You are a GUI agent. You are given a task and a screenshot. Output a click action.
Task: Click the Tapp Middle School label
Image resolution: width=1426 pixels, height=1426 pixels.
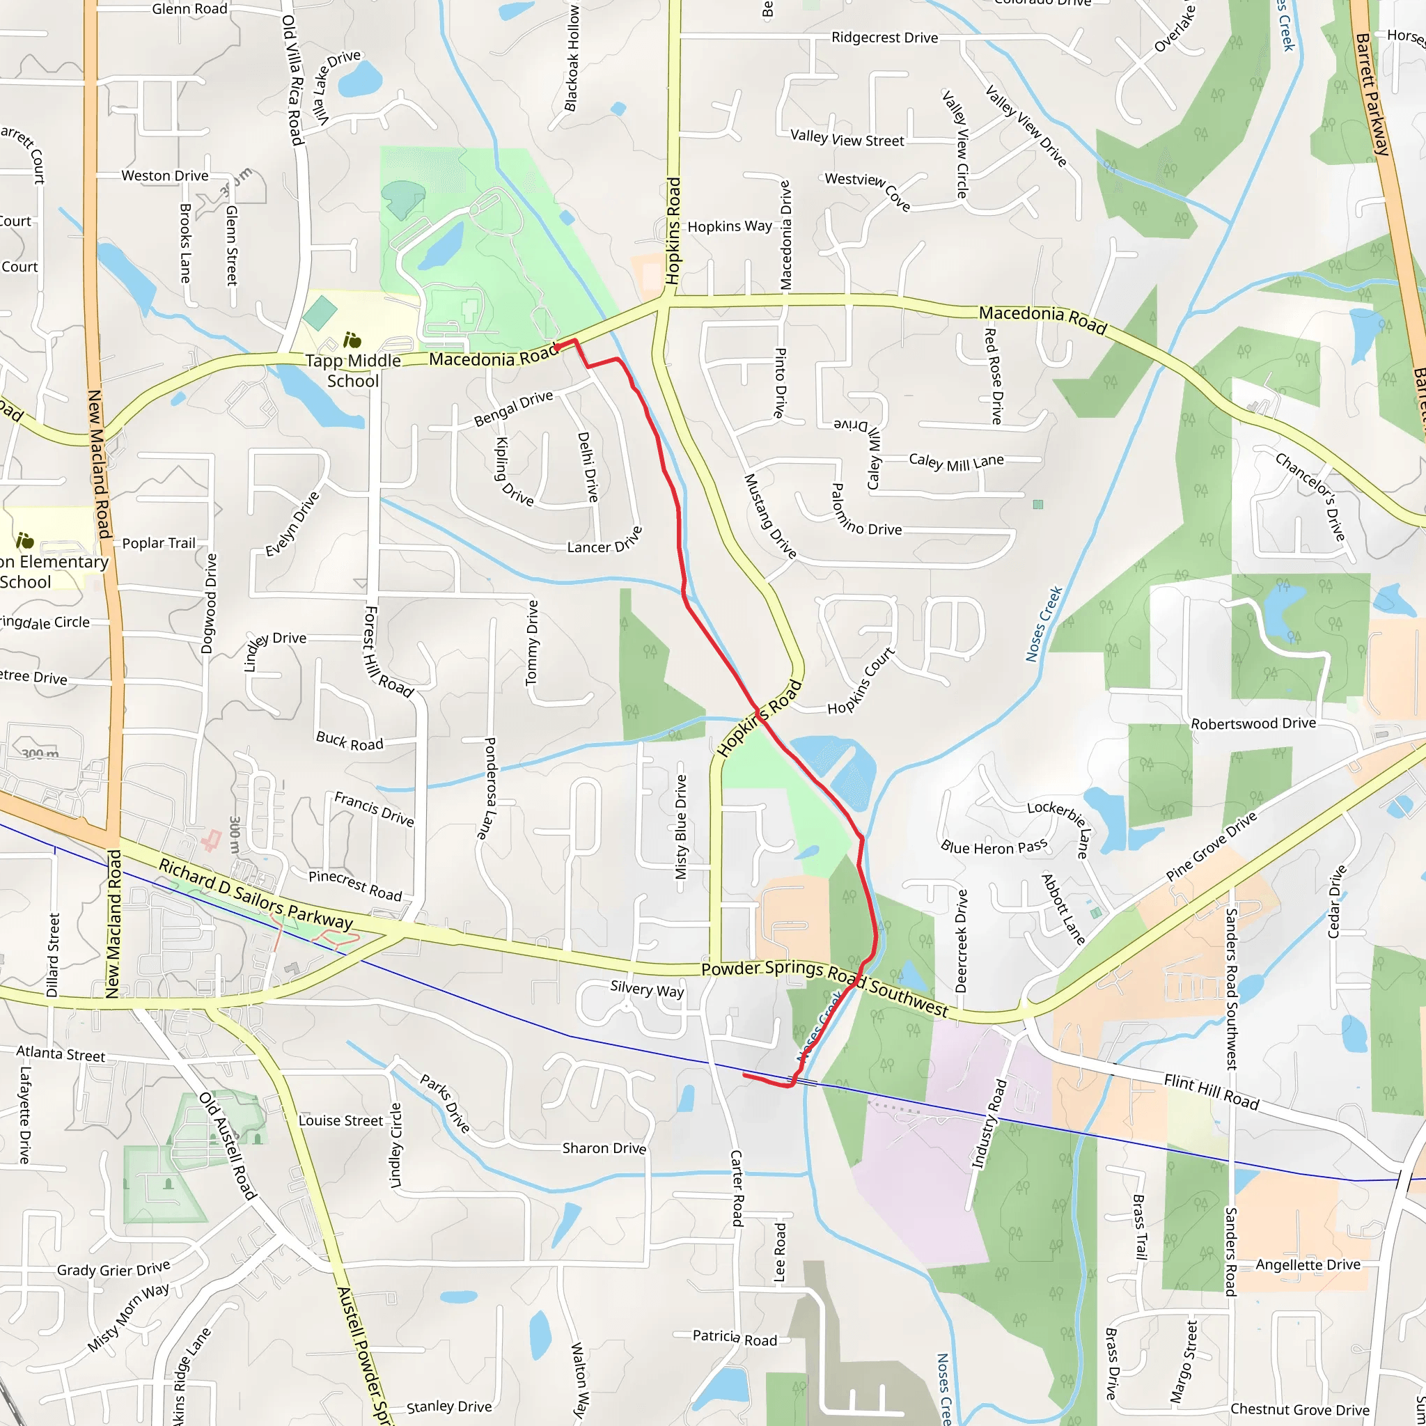click(353, 370)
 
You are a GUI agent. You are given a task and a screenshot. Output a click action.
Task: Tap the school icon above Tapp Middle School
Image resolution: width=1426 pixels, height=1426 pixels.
click(352, 340)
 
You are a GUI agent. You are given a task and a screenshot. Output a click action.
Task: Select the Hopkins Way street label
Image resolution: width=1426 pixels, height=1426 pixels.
click(729, 226)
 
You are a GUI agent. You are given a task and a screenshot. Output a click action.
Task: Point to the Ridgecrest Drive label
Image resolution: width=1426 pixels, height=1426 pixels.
click(884, 38)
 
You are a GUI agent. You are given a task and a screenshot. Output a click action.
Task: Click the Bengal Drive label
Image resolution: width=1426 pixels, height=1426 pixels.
click(514, 408)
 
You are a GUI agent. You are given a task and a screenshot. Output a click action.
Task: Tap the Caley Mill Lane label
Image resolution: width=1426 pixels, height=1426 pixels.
click(956, 463)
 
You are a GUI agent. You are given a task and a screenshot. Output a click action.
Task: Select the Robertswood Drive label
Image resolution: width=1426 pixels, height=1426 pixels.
click(1253, 723)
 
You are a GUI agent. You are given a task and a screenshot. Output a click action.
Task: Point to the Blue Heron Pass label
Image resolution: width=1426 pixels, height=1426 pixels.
click(994, 847)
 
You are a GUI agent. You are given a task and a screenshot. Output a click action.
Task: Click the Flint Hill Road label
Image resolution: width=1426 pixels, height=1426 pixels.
click(1212, 1092)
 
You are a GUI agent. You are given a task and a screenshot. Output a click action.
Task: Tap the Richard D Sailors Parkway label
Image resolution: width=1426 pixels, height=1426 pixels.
click(256, 894)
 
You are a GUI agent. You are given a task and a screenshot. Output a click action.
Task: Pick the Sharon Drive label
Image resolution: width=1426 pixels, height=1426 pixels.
click(604, 1147)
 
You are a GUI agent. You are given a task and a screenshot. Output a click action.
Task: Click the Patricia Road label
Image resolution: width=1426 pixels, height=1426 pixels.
click(735, 1338)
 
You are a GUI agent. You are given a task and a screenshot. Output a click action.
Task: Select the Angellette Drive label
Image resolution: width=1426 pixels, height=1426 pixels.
click(1308, 1264)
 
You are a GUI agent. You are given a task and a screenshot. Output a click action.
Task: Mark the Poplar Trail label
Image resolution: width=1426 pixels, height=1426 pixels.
click(159, 543)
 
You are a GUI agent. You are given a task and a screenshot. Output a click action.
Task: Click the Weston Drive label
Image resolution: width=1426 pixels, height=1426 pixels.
click(164, 175)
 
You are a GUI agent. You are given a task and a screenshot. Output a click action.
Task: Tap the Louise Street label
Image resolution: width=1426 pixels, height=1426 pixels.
click(340, 1120)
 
